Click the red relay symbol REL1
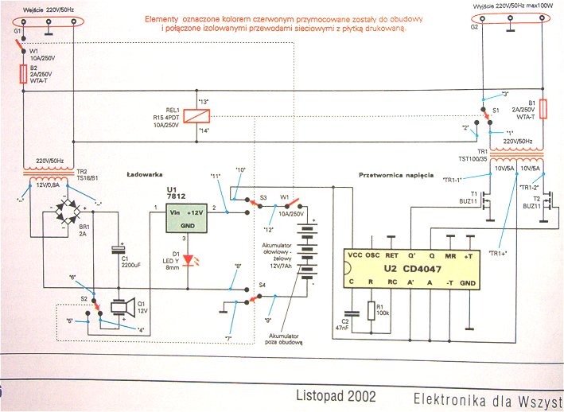click(x=196, y=115)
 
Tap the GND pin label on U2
click(x=469, y=282)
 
